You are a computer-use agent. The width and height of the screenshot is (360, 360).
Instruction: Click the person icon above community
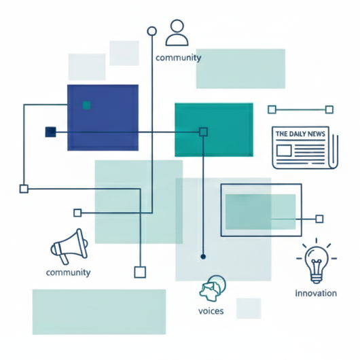(177, 33)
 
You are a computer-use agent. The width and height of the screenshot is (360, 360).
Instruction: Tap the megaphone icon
(69, 247)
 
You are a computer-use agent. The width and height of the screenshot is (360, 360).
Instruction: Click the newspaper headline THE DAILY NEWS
(300, 134)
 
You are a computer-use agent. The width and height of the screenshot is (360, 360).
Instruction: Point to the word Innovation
(316, 293)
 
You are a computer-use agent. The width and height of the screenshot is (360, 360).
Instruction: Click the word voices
(211, 311)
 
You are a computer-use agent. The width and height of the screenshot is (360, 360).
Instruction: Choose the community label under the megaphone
(68, 272)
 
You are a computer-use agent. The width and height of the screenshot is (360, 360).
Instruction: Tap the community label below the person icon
(178, 58)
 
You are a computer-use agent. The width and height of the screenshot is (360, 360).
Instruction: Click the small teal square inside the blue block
(86, 105)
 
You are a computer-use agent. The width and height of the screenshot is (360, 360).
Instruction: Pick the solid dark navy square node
(50, 132)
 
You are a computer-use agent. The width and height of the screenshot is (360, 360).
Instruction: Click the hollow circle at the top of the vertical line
(151, 31)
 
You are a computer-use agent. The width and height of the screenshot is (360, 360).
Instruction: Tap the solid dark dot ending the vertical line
(203, 257)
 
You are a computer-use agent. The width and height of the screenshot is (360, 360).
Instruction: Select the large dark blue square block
(103, 118)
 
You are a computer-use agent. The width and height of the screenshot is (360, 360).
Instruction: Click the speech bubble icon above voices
(213, 288)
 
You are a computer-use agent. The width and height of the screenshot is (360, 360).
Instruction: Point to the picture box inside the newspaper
(284, 151)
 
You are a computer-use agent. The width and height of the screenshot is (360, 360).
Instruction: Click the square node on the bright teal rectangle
(203, 132)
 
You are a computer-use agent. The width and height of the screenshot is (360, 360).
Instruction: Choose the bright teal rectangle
(214, 130)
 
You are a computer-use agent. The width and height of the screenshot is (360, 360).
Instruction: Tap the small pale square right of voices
(249, 308)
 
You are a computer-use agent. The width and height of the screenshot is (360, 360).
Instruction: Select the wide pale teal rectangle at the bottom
(99, 312)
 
